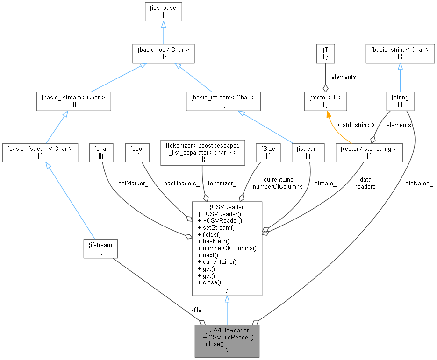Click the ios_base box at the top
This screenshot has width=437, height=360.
click(163, 12)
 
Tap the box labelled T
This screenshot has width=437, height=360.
click(325, 53)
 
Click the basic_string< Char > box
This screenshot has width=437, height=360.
click(400, 53)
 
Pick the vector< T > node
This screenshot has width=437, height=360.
click(325, 101)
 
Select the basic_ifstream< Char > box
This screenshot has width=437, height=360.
click(40, 153)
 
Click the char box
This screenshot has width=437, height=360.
click(101, 153)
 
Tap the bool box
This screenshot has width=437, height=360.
click(137, 153)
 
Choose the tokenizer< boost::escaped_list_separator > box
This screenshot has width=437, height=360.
click(202, 153)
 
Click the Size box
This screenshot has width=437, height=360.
click(268, 153)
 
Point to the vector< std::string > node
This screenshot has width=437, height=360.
click(369, 153)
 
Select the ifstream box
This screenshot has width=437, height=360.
click(100, 248)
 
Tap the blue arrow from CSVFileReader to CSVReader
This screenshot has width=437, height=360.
click(227, 310)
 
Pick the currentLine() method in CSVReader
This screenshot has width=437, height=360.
click(219, 262)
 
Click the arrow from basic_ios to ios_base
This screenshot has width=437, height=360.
click(163, 33)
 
